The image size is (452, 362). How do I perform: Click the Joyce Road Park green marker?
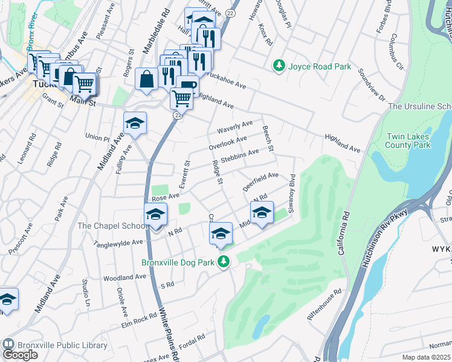(x=279, y=65)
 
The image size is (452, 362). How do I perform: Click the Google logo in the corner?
(x=20, y=355)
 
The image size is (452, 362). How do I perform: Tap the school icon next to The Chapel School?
(x=155, y=216)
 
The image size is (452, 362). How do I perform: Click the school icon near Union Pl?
(x=135, y=124)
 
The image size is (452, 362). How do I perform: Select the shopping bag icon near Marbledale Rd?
(x=147, y=79)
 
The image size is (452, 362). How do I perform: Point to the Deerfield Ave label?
(x=260, y=181)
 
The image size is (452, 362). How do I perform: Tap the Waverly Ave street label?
(x=234, y=127)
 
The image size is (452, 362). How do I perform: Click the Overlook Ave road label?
(x=227, y=143)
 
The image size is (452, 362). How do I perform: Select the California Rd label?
(x=344, y=232)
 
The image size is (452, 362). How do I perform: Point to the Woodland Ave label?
(x=125, y=278)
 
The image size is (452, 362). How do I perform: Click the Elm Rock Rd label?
(x=138, y=320)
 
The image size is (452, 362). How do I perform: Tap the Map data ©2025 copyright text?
(x=427, y=357)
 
